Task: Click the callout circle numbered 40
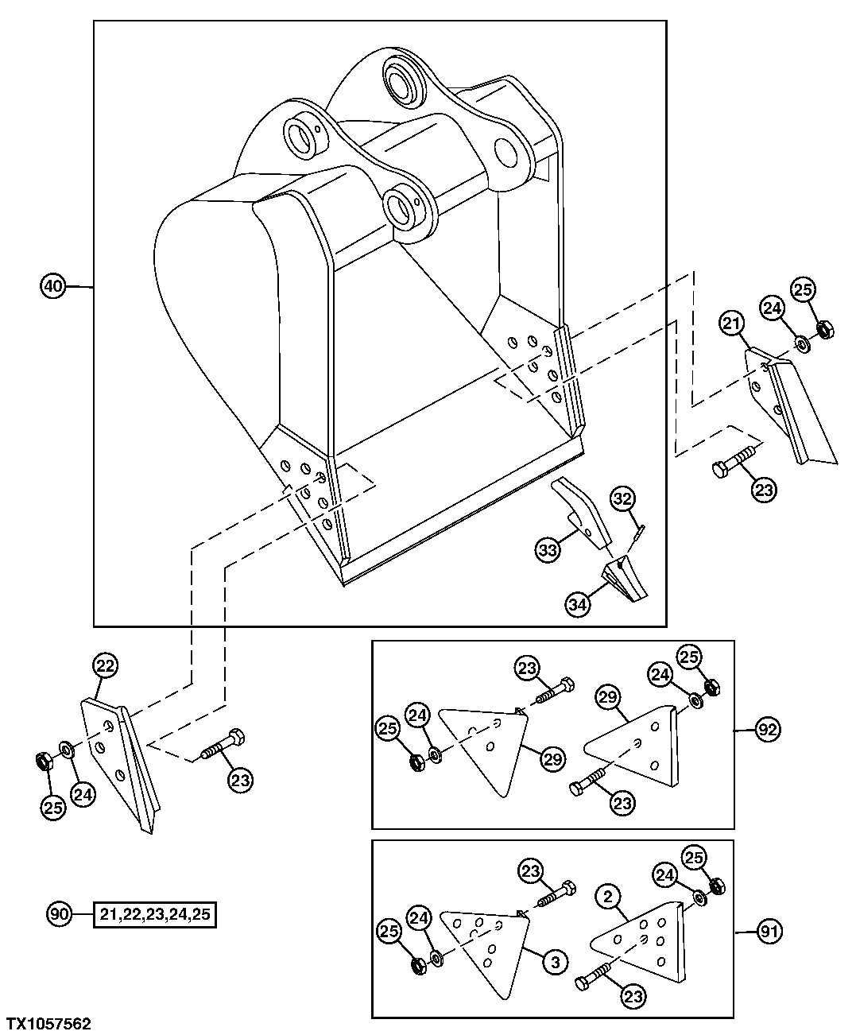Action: coord(52,286)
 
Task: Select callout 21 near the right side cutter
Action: coord(732,324)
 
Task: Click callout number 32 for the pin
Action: coord(622,499)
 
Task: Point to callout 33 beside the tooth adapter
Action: coord(546,549)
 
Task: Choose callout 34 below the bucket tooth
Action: coord(578,604)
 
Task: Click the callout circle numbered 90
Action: coord(60,914)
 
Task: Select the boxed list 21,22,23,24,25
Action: coord(155,915)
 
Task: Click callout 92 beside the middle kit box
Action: coord(768,729)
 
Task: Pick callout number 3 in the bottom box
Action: coord(555,962)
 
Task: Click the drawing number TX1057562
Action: coord(49,1024)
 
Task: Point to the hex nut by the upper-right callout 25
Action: coord(824,328)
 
